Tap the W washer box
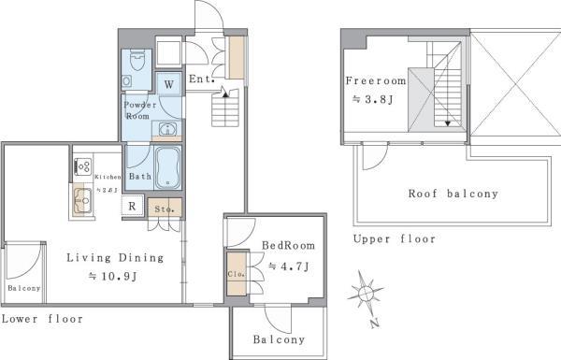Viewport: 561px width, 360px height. pos(169,83)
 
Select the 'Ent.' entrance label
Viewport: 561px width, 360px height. pos(201,79)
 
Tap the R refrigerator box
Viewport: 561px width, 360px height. pos(133,206)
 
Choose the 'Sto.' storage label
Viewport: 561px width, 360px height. pos(161,209)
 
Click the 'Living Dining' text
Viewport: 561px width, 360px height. pos(115,257)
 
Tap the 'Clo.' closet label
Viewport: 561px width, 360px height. pos(236,275)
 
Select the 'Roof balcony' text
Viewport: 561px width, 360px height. pos(453,194)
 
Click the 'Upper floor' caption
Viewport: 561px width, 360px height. pos(394,238)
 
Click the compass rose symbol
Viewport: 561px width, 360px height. pos(366,295)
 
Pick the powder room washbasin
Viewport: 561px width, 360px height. pos(168,129)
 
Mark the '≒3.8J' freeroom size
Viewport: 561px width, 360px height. pos(365,99)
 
